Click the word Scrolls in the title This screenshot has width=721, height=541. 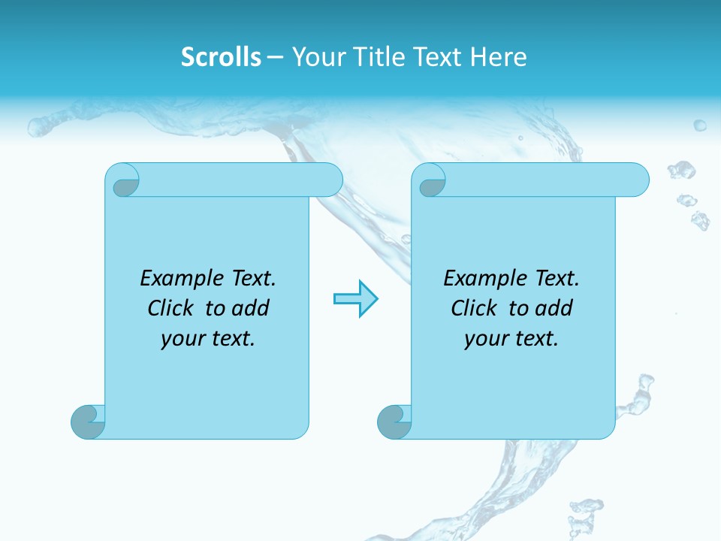click(221, 57)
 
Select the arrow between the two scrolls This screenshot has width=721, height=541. click(355, 299)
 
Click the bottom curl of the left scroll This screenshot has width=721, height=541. click(88, 422)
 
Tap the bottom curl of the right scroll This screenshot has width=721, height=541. click(394, 422)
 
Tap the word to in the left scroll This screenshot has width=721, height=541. click(215, 309)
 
